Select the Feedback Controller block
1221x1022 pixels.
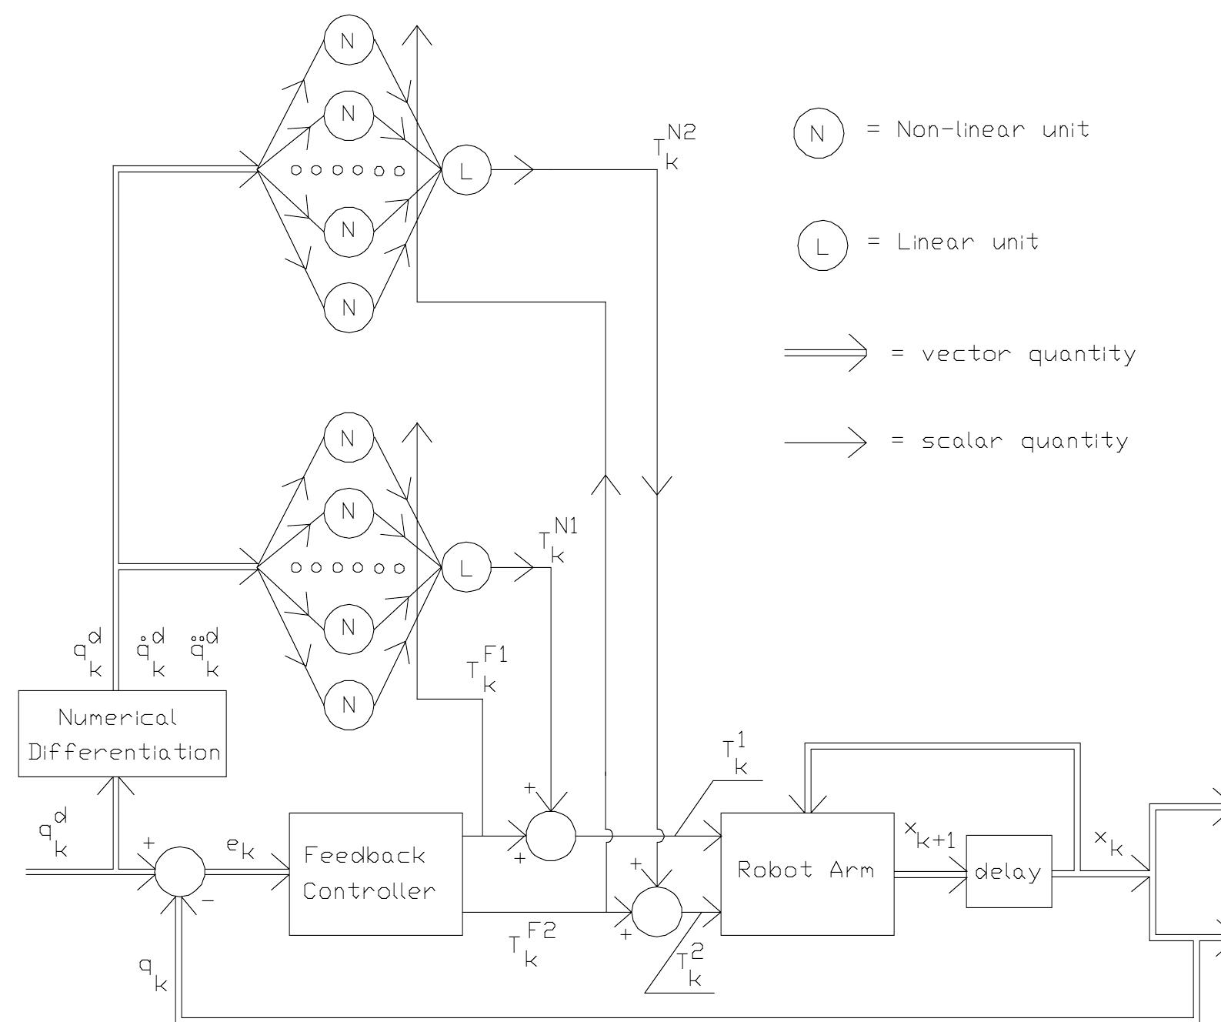[x=375, y=873]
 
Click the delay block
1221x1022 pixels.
[x=1008, y=871]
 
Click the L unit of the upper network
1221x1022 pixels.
[x=465, y=170]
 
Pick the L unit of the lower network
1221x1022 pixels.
[x=465, y=568]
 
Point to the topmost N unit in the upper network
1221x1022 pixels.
[x=348, y=41]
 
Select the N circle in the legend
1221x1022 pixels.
[x=819, y=132]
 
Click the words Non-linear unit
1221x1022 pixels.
[x=992, y=129]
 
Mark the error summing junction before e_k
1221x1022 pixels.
[x=180, y=872]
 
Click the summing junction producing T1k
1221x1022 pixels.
[x=551, y=835]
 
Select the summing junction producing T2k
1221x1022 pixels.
[x=656, y=912]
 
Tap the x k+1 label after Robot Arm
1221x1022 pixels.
[x=929, y=833]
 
